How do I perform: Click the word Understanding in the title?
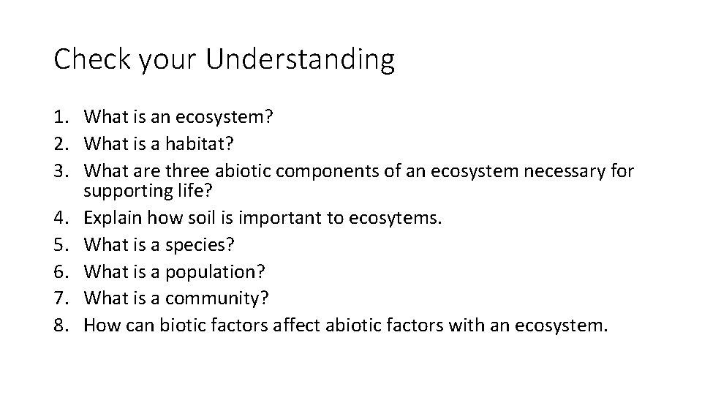300,60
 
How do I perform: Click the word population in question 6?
211,272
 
